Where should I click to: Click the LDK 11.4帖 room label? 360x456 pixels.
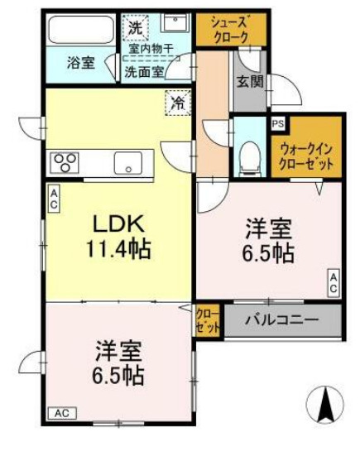116,235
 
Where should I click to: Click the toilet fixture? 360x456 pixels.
248,156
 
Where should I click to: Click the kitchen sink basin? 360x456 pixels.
129,161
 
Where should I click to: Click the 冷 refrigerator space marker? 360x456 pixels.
177,103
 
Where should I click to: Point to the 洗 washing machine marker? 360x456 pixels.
134,26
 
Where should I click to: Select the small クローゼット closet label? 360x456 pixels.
208,320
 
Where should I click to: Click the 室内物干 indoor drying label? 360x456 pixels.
150,50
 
